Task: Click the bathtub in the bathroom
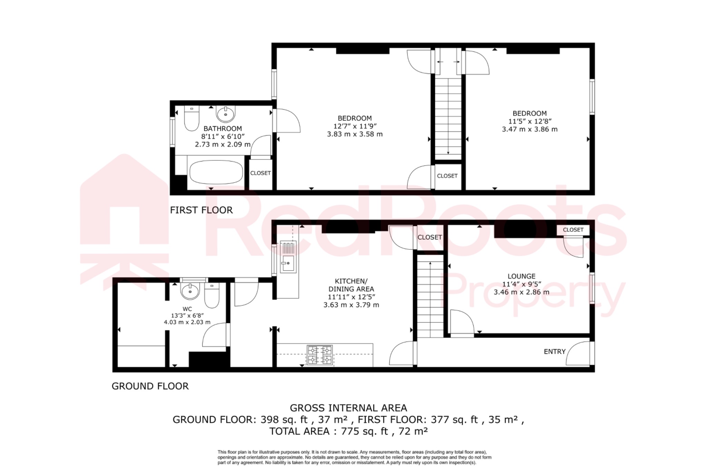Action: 216,173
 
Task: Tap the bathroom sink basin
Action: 226,114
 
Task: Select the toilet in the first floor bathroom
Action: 192,118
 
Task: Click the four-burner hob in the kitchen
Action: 320,355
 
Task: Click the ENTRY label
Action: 554,352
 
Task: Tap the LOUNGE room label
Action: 521,276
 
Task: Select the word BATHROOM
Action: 223,129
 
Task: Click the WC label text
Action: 187,309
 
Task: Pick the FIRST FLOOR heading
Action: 201,210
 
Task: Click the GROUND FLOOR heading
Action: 150,386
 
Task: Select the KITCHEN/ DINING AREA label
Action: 351,285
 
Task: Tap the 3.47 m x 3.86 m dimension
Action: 530,129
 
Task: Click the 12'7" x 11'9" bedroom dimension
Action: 355,126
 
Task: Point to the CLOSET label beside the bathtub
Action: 260,173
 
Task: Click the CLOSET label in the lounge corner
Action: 573,230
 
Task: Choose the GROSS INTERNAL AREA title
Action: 348,408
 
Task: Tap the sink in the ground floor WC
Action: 190,291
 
